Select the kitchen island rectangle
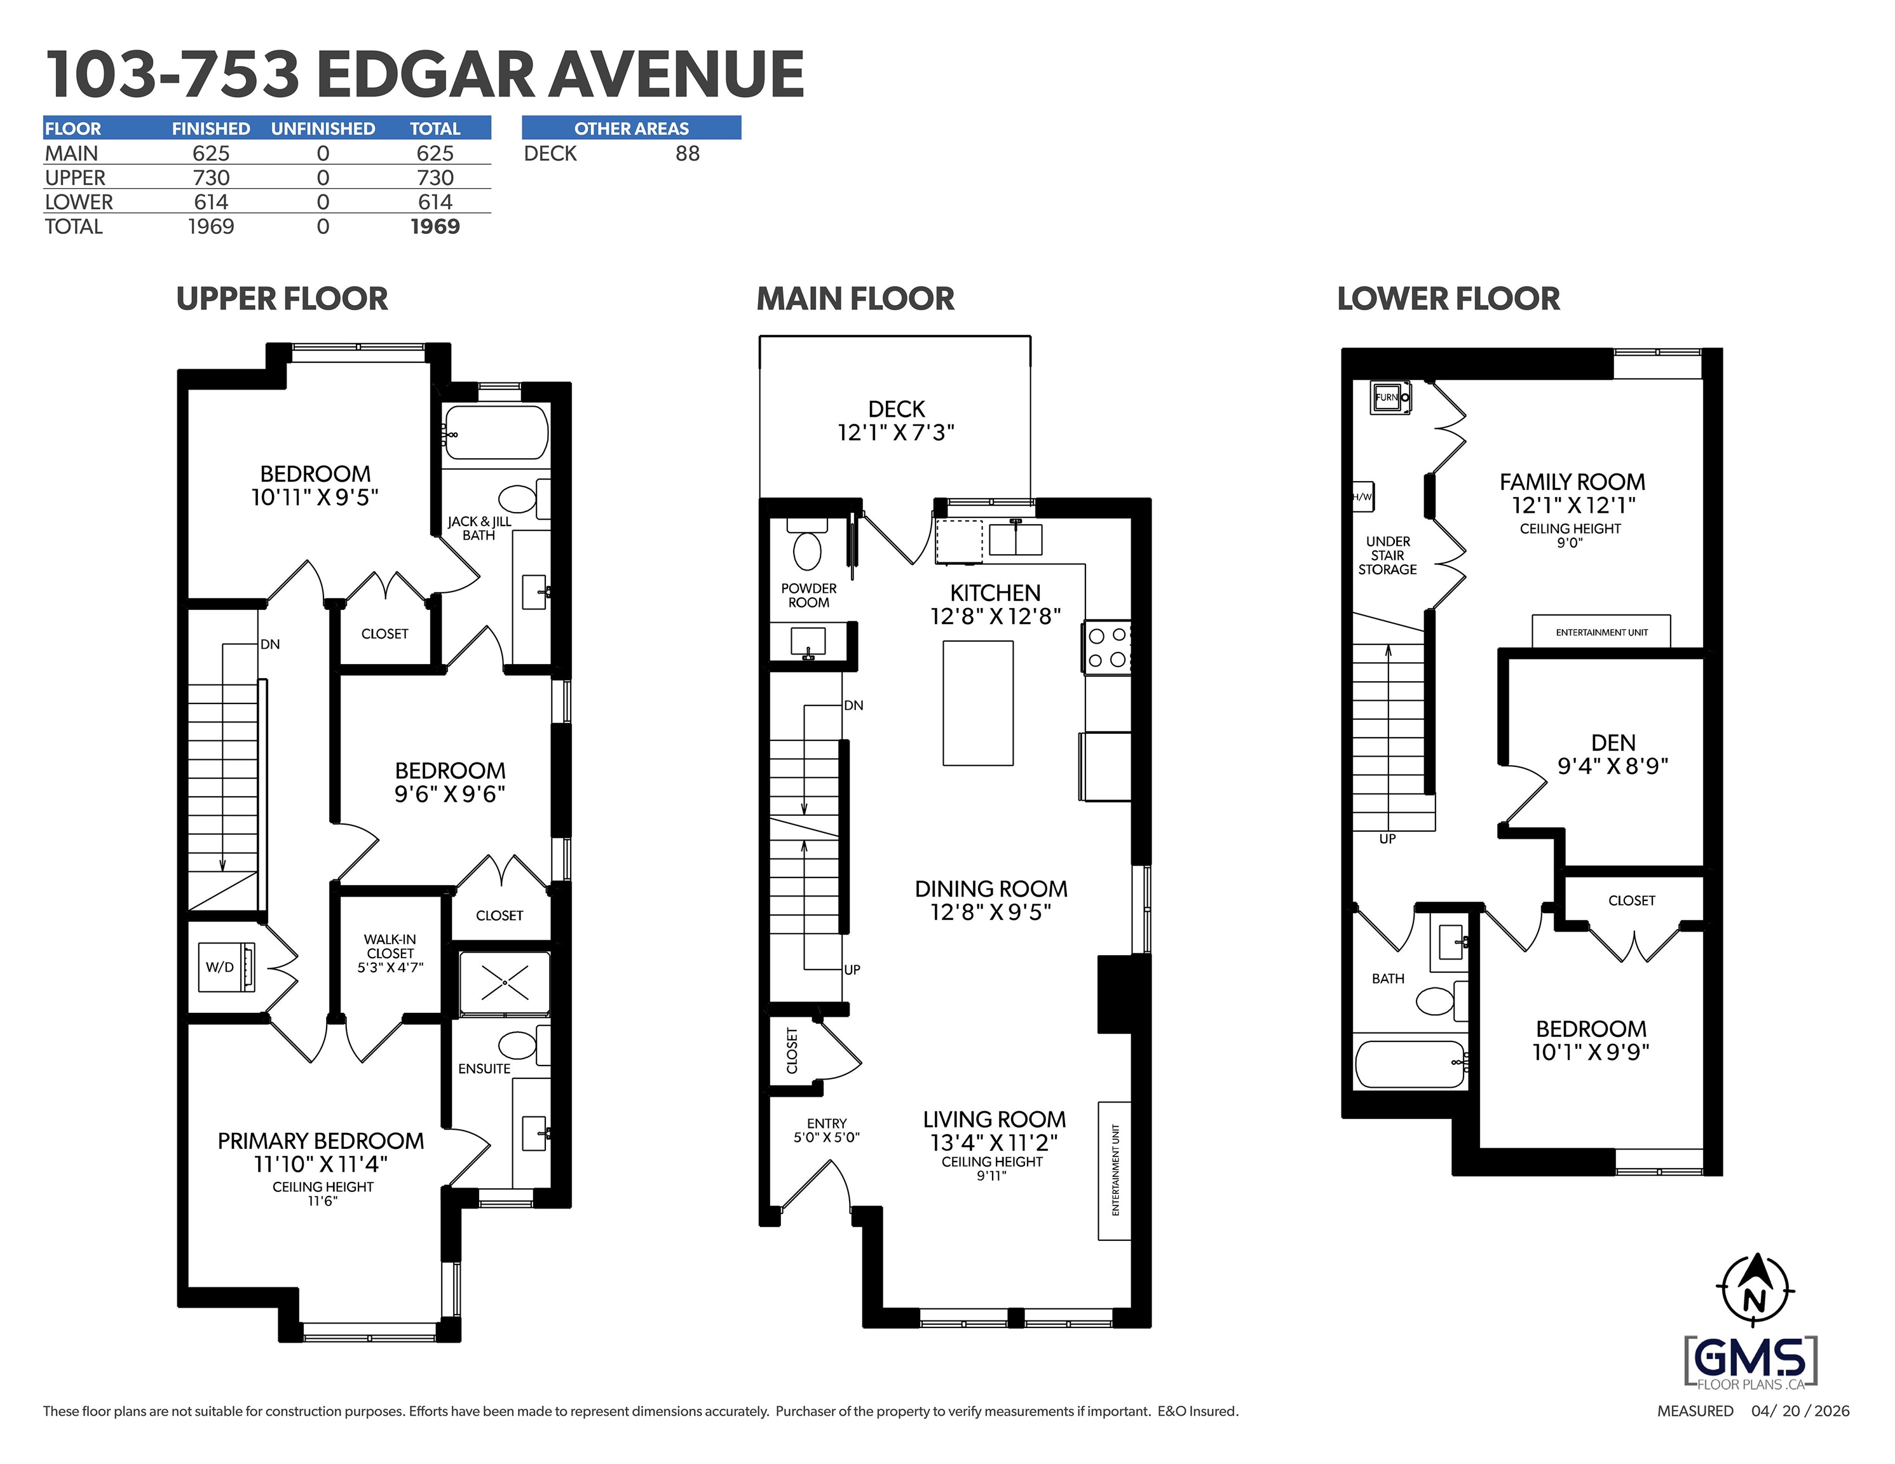978,703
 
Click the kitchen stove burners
1107,647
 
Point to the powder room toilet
807,543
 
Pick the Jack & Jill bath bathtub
494,431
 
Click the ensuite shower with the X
504,983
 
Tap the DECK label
896,409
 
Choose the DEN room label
1613,743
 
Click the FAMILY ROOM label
1572,482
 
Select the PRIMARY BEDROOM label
320,1141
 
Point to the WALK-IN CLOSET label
390,946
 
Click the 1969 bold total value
435,226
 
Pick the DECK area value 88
687,154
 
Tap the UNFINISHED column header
323,128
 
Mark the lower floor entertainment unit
1601,632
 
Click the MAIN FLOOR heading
855,299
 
